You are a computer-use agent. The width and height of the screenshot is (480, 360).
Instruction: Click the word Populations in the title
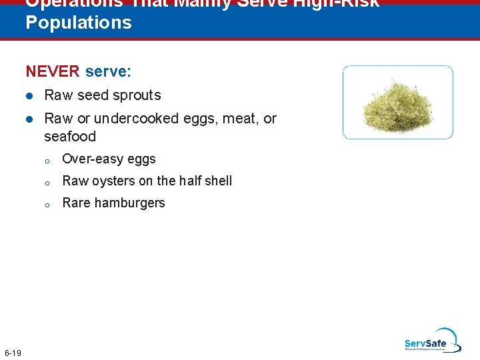click(x=79, y=23)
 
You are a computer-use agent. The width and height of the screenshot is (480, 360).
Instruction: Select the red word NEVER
click(x=53, y=71)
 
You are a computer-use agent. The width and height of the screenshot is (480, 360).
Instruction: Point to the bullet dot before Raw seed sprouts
click(x=29, y=95)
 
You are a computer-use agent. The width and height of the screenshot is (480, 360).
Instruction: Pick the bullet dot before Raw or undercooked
click(x=29, y=119)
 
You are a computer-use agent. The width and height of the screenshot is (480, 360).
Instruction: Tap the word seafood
click(x=70, y=137)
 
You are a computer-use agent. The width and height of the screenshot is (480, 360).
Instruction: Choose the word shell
click(x=217, y=181)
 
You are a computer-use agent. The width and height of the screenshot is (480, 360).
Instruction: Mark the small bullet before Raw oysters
click(x=48, y=182)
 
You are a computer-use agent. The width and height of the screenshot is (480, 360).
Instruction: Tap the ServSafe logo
click(x=431, y=341)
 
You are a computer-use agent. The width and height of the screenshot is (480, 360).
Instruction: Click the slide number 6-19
click(x=13, y=352)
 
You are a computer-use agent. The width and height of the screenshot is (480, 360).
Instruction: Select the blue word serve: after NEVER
click(x=108, y=71)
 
